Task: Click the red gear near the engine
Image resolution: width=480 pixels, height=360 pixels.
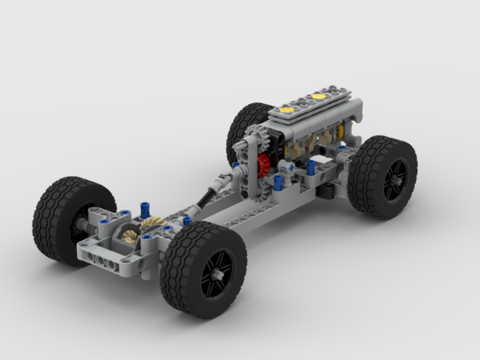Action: click(x=262, y=167)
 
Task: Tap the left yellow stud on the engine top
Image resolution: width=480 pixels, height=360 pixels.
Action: click(x=285, y=108)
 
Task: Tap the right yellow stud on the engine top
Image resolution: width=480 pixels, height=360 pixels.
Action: click(x=318, y=97)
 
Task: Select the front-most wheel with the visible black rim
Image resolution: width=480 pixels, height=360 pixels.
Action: click(x=203, y=269)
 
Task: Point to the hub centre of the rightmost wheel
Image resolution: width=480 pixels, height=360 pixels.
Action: click(x=394, y=180)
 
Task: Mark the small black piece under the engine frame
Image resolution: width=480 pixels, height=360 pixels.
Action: click(x=326, y=191)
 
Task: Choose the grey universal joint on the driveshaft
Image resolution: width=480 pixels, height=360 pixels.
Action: click(x=239, y=178)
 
